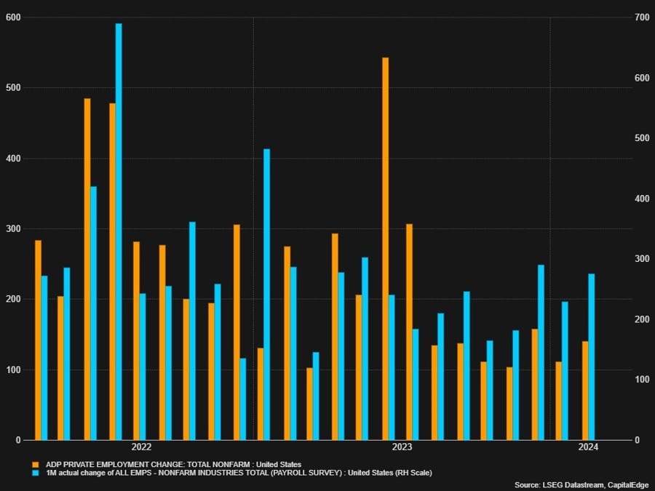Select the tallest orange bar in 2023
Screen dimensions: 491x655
385,248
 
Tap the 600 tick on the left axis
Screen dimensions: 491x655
12,17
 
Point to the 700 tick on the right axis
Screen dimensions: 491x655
640,17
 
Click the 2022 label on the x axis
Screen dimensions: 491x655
141,447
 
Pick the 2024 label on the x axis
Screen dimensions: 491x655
588,447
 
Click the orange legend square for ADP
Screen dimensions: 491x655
34,464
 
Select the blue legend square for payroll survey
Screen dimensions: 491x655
34,473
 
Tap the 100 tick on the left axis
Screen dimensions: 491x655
12,370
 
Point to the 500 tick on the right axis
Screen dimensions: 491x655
640,138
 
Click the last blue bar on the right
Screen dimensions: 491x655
592,356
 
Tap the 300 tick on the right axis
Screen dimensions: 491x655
640,259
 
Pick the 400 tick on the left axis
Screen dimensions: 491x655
12,159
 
